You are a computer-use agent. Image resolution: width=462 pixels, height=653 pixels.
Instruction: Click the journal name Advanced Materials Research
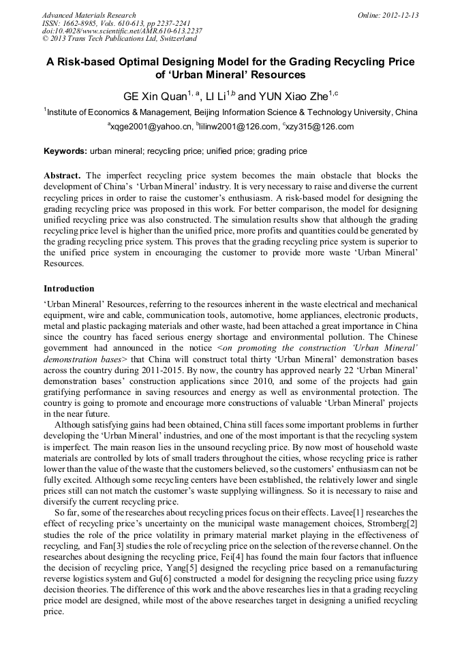coord(89,15)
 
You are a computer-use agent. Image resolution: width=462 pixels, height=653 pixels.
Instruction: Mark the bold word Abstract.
coord(62,175)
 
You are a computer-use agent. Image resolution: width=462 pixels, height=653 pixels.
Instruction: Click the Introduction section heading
coord(69,289)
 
